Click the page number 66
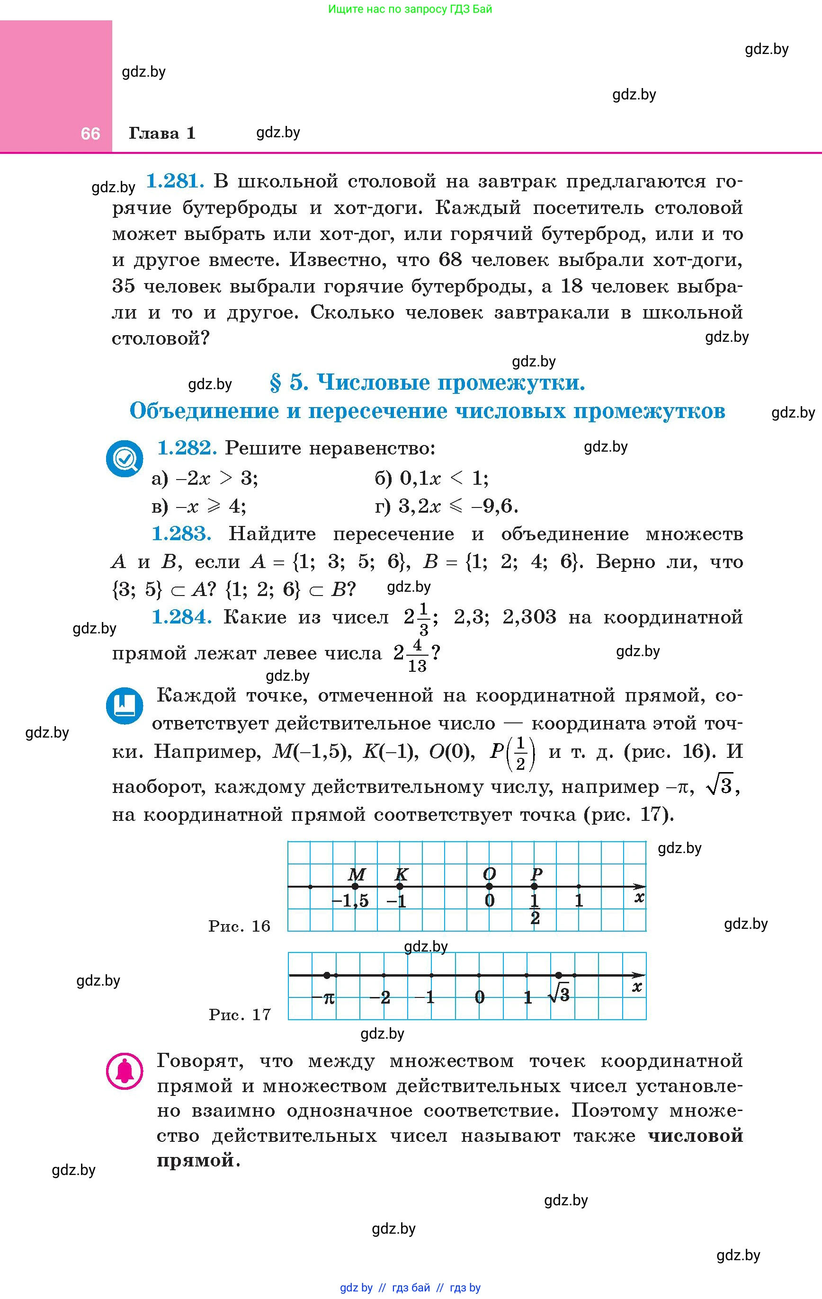pyautogui.click(x=90, y=133)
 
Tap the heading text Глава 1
pyautogui.click(x=162, y=133)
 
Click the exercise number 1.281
pyautogui.click(x=175, y=181)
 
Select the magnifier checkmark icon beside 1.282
pyautogui.click(x=125, y=459)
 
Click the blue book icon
pyautogui.click(x=125, y=705)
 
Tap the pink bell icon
pyautogui.click(x=125, y=1071)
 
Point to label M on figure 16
pyautogui.click(x=357, y=874)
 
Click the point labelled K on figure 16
pyautogui.click(x=399, y=886)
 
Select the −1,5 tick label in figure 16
pyautogui.click(x=350, y=901)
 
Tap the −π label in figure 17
pyautogui.click(x=324, y=998)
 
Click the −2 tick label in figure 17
pyautogui.click(x=380, y=997)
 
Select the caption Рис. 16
pyautogui.click(x=239, y=926)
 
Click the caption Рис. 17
pyautogui.click(x=240, y=1014)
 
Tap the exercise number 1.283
pyautogui.click(x=181, y=534)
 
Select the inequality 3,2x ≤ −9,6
pyautogui.click(x=458, y=506)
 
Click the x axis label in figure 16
pyautogui.click(x=639, y=898)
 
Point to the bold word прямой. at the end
pyautogui.click(x=198, y=1160)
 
